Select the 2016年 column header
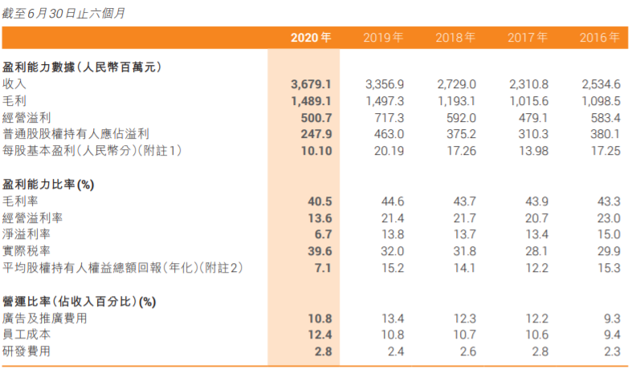click(600, 38)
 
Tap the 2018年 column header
click(455, 38)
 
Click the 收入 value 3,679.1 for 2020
click(312, 84)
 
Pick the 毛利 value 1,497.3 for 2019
click(384, 101)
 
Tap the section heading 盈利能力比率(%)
click(48, 184)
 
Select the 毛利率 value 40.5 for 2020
click(319, 201)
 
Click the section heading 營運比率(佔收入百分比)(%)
click(79, 302)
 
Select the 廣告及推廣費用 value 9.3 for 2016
click(611, 318)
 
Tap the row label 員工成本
click(26, 335)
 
